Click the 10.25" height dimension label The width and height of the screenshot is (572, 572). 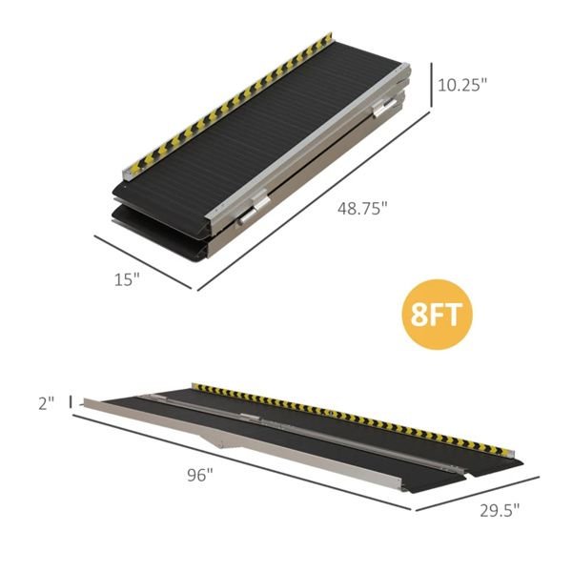462,84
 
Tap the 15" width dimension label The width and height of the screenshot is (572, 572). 127,278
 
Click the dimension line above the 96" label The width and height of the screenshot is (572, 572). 248,467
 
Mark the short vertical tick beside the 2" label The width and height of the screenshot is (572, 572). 71,402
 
